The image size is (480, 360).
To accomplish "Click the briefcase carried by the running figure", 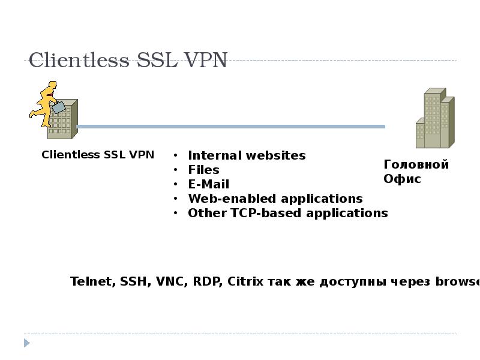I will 58,107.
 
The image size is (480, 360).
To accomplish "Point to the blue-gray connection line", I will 231,127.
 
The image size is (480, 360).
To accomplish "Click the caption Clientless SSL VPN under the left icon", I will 98,155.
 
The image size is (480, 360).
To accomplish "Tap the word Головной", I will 416,164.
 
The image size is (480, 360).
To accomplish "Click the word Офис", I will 402,179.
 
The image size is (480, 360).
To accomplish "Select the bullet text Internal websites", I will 247,155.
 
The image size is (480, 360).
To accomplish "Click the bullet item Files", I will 203,170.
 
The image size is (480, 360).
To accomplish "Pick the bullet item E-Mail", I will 208,184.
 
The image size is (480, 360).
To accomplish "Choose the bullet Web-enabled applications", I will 275,199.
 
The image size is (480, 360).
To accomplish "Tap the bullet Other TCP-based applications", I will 288,213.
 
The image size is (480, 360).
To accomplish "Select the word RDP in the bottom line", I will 208,281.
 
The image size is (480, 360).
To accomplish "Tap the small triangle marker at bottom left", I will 26,343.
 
